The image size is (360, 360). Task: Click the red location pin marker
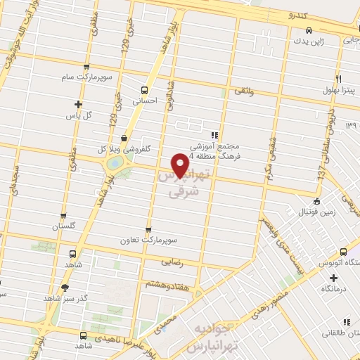[x=181, y=166]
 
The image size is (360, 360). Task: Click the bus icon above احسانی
[x=145, y=90]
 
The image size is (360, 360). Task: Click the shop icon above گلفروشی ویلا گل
[x=124, y=138]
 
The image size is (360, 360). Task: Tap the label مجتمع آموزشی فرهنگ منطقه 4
[x=214, y=148]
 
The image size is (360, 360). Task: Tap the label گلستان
[x=63, y=226]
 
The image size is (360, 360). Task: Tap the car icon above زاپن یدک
[x=310, y=30]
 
